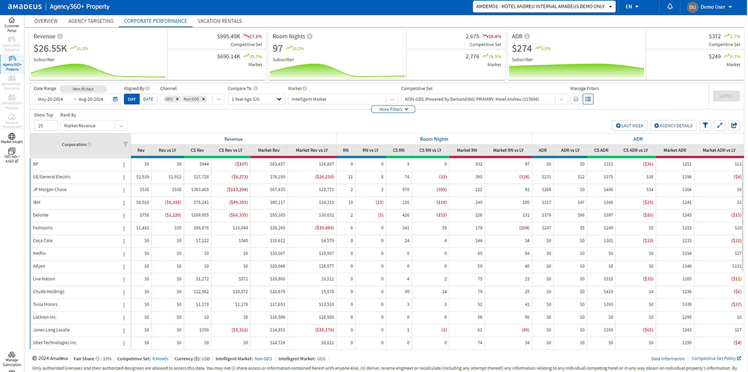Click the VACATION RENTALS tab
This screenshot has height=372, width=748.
[219, 21]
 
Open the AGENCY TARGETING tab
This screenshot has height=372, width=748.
[91, 21]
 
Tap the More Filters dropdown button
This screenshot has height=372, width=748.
[393, 109]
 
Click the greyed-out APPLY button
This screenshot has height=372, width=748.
[726, 97]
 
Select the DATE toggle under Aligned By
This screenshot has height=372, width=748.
[148, 99]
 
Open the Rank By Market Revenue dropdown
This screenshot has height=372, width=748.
[93, 126]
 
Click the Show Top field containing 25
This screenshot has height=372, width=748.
[46, 126]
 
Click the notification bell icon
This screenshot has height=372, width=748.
[670, 7]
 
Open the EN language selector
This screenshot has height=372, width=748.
[632, 7]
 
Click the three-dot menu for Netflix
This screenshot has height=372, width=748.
[124, 254]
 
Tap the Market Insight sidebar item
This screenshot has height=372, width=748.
[11, 138]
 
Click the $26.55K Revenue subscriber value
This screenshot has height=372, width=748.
[50, 48]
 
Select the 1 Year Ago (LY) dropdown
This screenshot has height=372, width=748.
[256, 99]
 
